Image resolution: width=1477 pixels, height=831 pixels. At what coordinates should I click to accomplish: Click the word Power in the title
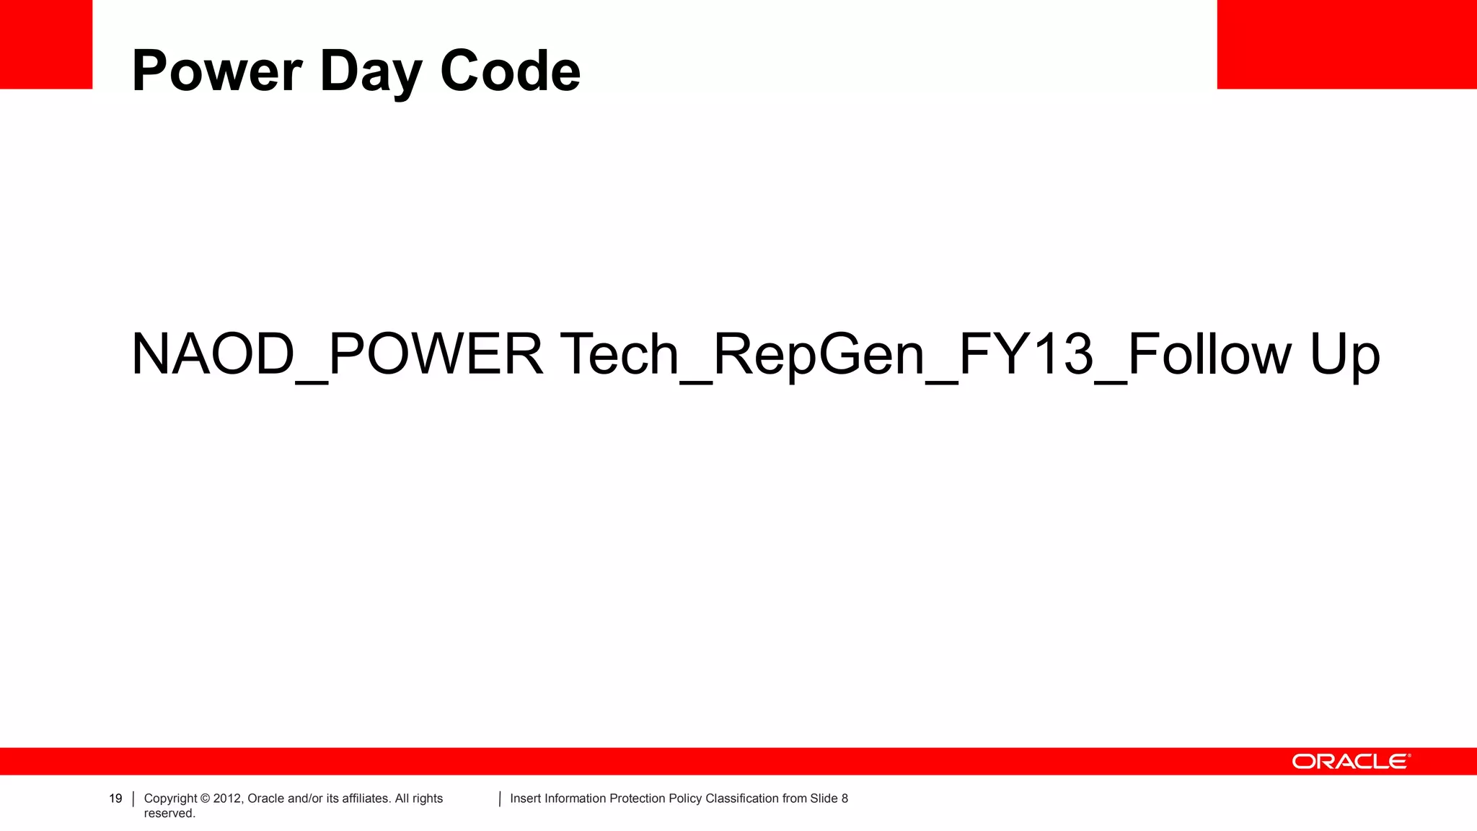click(x=217, y=71)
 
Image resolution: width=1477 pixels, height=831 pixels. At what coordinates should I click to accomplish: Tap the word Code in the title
click(x=510, y=71)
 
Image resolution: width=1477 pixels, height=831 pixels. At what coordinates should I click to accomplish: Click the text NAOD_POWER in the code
click(x=336, y=354)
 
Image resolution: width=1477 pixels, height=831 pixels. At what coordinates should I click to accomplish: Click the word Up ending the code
click(x=1344, y=356)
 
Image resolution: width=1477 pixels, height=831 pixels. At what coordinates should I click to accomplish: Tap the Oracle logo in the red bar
click(x=1351, y=762)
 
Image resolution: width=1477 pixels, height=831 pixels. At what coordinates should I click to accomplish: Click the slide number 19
click(x=115, y=799)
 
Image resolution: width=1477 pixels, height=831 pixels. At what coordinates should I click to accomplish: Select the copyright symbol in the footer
click(x=205, y=799)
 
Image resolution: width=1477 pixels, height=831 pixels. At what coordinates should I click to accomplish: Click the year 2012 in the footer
click(x=228, y=799)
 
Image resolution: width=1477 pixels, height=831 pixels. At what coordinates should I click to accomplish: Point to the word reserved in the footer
click(x=169, y=814)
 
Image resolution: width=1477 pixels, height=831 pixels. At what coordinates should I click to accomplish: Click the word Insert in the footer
click(x=526, y=799)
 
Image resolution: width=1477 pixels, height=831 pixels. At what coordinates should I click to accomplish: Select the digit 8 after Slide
click(x=845, y=799)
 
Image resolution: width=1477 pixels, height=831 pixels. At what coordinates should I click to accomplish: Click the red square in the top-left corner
click(x=46, y=44)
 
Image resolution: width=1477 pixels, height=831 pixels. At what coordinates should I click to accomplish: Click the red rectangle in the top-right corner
click(x=1346, y=44)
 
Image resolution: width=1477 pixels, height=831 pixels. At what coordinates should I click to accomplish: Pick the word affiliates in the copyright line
click(x=362, y=799)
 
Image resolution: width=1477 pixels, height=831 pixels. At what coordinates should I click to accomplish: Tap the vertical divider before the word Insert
click(x=500, y=799)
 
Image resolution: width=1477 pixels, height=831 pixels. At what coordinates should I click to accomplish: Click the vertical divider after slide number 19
click(x=133, y=799)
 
